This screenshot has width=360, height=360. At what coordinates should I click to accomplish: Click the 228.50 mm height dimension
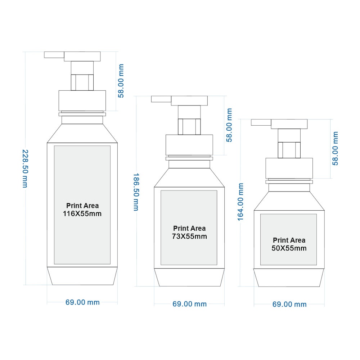point(25,169)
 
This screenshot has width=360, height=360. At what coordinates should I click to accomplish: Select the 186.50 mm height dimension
point(136,192)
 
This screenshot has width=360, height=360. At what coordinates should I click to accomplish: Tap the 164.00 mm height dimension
point(240,202)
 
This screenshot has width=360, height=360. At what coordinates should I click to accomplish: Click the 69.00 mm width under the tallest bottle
point(82,302)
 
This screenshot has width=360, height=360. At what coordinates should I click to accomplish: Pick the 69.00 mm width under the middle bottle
point(189,304)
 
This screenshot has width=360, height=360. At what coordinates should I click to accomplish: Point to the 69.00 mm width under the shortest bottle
point(289,305)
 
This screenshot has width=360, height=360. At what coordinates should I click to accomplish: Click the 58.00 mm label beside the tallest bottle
point(121,81)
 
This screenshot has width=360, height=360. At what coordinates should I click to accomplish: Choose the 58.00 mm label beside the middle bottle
point(229,125)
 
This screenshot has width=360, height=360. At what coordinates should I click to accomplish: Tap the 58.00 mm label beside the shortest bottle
point(335,148)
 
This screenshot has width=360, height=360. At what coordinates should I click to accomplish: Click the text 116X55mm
point(82,213)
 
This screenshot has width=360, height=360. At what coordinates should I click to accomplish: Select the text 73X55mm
point(189,236)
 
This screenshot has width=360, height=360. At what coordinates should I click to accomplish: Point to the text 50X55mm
point(289,248)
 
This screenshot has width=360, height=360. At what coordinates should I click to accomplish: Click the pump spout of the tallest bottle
point(54,55)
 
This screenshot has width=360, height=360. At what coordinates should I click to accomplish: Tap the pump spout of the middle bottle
point(161,99)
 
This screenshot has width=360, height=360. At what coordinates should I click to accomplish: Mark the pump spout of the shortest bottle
point(261,122)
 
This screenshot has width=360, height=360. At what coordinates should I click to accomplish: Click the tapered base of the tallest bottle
point(82,276)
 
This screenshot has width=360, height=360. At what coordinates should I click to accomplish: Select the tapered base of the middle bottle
point(189,277)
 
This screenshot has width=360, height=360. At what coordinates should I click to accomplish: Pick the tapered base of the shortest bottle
point(289,278)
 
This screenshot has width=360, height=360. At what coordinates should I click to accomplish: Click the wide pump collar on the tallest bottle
point(82,100)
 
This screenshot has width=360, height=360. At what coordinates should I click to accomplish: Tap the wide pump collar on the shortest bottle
point(289,168)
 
